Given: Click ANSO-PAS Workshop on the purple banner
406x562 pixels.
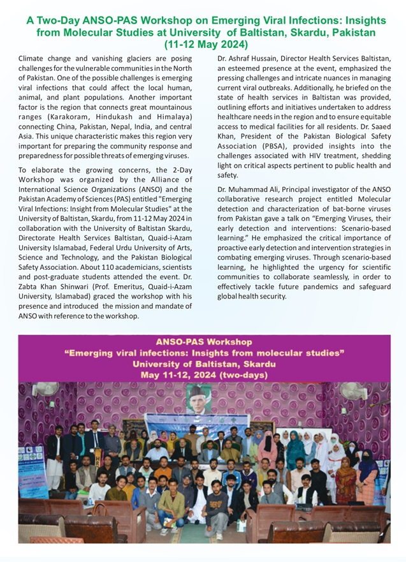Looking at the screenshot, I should coord(203,342).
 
